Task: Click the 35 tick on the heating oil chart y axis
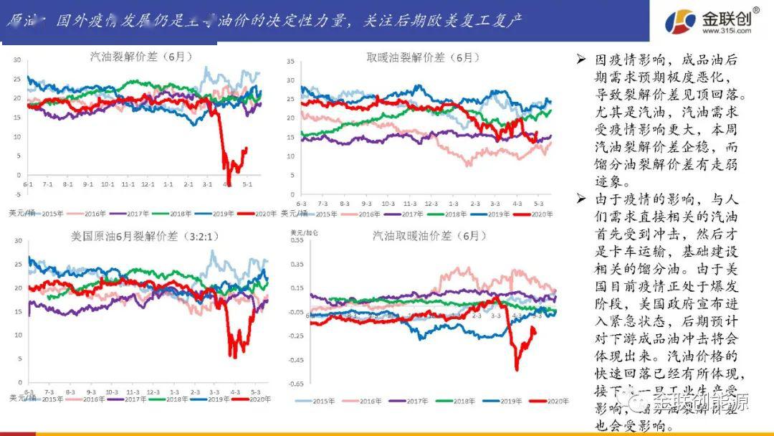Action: click(x=290, y=60)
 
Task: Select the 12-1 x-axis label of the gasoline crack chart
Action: click(x=148, y=184)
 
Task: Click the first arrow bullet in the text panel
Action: click(x=582, y=61)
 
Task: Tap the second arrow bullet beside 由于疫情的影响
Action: click(x=582, y=199)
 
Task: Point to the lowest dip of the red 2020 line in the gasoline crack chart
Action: click(x=229, y=184)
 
